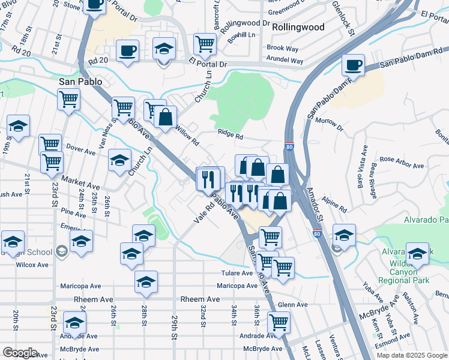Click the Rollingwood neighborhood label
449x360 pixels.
click(298, 27)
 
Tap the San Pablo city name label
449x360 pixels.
click(80, 80)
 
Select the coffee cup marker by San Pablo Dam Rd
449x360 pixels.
click(353, 65)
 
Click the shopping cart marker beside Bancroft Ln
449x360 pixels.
click(205, 43)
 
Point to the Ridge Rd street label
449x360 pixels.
click(230, 136)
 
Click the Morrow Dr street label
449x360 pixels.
click(330, 124)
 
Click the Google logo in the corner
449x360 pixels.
click(19, 352)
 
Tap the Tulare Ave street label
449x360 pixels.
click(236, 273)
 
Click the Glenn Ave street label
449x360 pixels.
click(292, 305)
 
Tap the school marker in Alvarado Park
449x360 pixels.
click(418, 253)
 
